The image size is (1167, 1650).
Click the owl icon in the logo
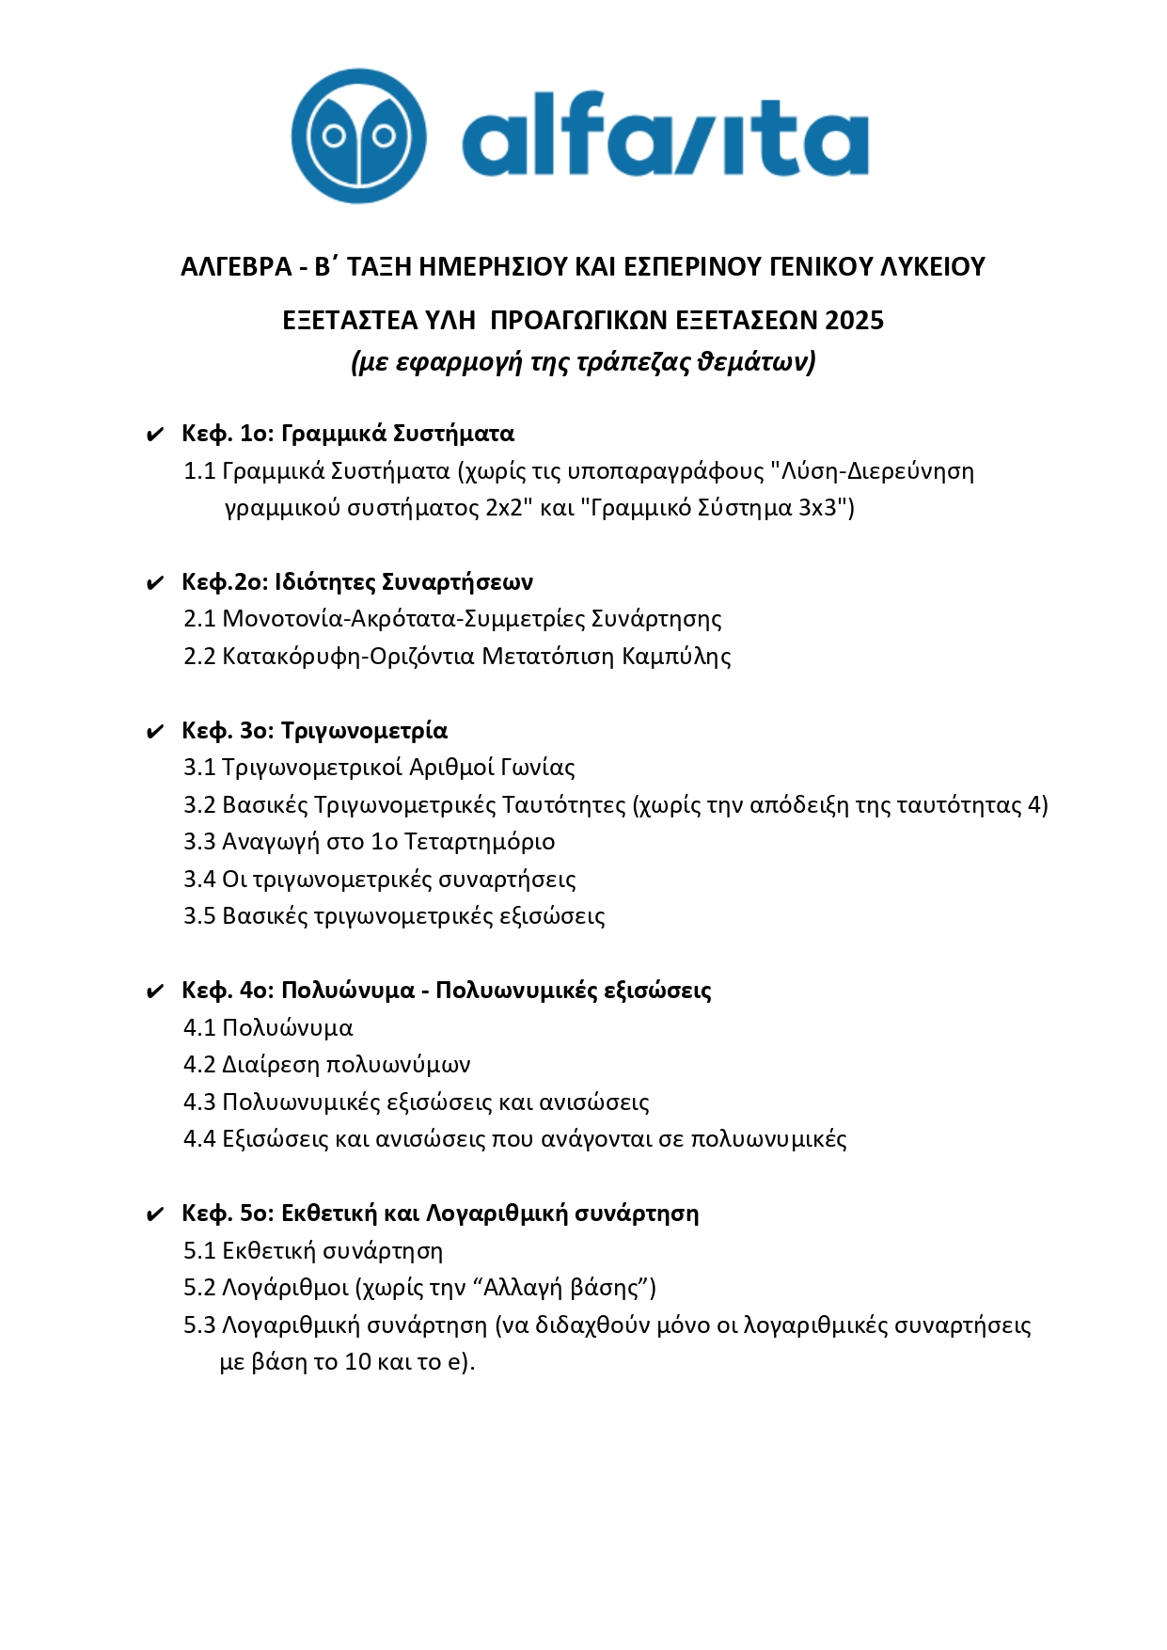point(358,135)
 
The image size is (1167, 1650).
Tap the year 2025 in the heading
point(854,321)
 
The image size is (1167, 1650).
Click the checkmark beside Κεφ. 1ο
point(155,435)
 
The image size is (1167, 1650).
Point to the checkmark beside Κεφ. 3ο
point(155,732)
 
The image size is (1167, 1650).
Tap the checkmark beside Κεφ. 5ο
point(155,1214)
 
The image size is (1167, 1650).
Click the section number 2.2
point(199,657)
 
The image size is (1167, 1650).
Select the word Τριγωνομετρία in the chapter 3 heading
point(364,731)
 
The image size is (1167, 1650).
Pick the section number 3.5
point(199,916)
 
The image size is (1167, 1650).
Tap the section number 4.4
point(199,1139)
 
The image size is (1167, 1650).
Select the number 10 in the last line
point(358,1362)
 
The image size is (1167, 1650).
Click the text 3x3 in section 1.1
point(817,508)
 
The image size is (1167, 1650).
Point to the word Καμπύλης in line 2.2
point(677,657)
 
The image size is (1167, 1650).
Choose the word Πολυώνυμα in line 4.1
point(287,1028)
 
